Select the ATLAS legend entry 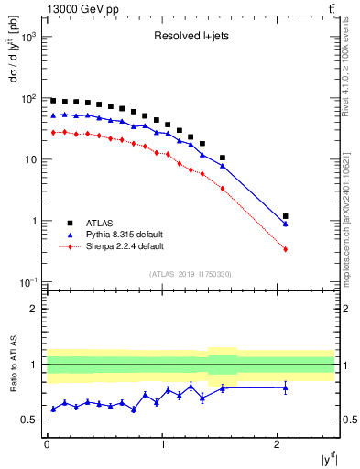102,223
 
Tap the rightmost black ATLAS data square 286,216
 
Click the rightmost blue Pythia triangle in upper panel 286,224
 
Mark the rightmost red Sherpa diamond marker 286,249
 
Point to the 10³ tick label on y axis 28,37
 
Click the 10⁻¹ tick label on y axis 28,282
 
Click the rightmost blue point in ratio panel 286,387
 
